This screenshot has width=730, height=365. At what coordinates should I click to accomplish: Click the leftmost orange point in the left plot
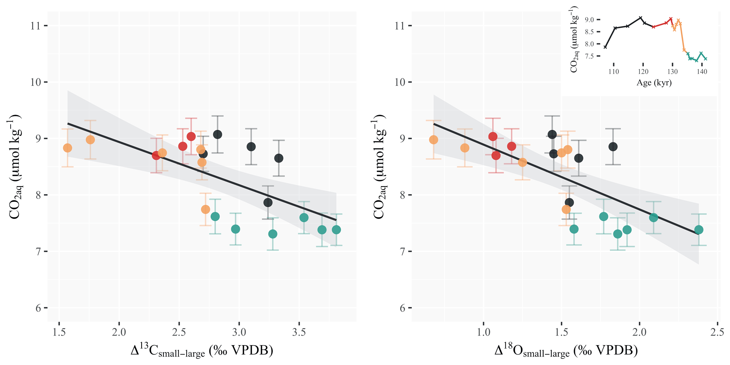pyautogui.click(x=67, y=148)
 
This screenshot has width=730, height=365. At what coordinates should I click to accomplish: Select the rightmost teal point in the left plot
pyautogui.click(x=336, y=230)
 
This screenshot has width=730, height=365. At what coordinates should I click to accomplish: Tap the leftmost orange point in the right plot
pyautogui.click(x=433, y=140)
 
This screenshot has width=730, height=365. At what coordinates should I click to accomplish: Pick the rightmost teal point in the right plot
pyautogui.click(x=699, y=230)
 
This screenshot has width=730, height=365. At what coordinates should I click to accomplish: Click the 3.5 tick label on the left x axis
pyautogui.click(x=299, y=333)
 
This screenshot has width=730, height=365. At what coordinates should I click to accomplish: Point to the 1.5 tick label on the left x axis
pyautogui.click(x=59, y=333)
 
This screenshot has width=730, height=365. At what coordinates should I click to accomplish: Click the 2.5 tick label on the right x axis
pyautogui.click(x=717, y=333)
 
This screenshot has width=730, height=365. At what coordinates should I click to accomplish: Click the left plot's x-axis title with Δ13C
pyautogui.click(x=202, y=351)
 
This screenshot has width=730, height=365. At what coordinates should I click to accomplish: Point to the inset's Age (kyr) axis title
pyautogui.click(x=654, y=83)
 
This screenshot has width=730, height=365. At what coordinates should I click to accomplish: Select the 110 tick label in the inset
pyautogui.click(x=614, y=72)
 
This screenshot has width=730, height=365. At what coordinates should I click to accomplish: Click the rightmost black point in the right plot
pyautogui.click(x=613, y=147)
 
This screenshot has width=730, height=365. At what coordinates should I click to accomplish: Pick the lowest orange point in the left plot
pyautogui.click(x=206, y=209)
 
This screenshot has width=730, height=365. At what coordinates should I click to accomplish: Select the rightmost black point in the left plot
pyautogui.click(x=279, y=158)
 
